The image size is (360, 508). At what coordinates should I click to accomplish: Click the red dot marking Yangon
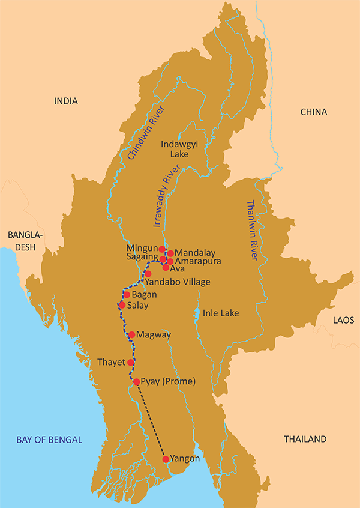click(x=166, y=459)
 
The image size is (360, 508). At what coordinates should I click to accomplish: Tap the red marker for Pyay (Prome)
click(x=136, y=382)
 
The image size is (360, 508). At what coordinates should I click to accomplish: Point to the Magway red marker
click(x=131, y=334)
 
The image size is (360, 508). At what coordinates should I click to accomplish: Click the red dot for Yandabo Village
click(x=148, y=274)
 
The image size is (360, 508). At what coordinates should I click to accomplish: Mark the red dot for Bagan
click(x=127, y=295)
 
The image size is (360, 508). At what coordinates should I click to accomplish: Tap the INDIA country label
click(x=66, y=101)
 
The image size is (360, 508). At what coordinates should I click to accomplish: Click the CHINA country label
click(x=313, y=112)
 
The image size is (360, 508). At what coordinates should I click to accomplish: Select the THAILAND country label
click(x=305, y=439)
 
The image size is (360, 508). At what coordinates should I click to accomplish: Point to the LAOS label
click(x=343, y=321)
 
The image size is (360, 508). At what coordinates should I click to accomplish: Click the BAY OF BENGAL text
click(x=49, y=440)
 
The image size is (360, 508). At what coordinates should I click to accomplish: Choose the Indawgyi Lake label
click(x=175, y=149)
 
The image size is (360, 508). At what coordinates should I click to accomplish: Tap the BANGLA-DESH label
click(x=22, y=240)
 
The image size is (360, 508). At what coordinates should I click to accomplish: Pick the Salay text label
click(x=139, y=306)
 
